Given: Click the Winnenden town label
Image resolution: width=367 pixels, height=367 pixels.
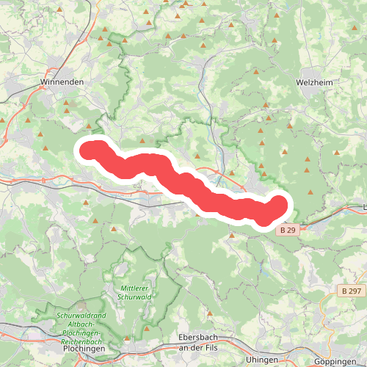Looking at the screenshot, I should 62,82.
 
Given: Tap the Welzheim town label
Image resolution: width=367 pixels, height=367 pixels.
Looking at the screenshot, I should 316,82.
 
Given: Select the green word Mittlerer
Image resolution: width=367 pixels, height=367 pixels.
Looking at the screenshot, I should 134,288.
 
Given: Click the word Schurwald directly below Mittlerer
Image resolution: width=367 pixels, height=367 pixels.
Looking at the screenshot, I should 134,297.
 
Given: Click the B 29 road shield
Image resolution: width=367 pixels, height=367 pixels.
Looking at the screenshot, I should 287,230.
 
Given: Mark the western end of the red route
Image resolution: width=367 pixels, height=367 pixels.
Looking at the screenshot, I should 90,150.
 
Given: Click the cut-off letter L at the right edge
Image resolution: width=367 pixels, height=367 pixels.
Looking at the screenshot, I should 365,206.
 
